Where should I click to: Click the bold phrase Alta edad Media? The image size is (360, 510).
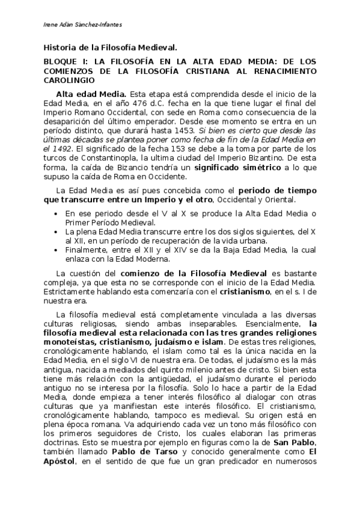click(x=91, y=94)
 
